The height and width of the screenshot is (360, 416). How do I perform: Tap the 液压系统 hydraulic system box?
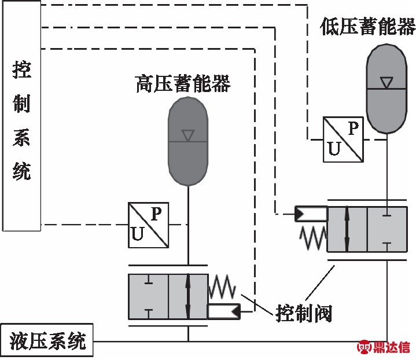[47, 341]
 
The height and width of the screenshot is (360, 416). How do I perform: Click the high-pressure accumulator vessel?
[187, 141]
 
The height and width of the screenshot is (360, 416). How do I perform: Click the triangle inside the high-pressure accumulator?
[187, 135]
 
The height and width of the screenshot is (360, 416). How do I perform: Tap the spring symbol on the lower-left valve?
[222, 286]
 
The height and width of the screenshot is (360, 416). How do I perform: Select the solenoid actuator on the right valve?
[311, 214]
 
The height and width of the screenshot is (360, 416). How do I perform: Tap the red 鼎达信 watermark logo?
[384, 348]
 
